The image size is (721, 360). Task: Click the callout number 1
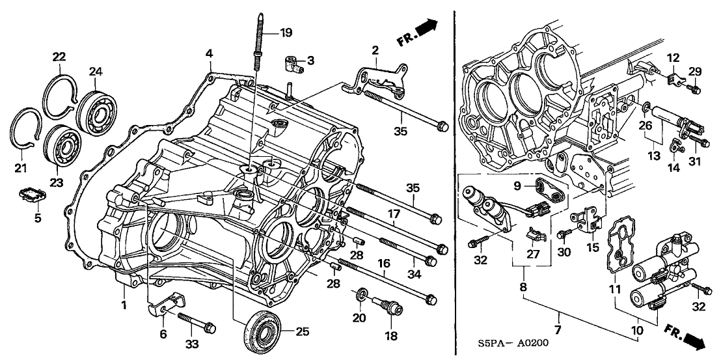point(124,303)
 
